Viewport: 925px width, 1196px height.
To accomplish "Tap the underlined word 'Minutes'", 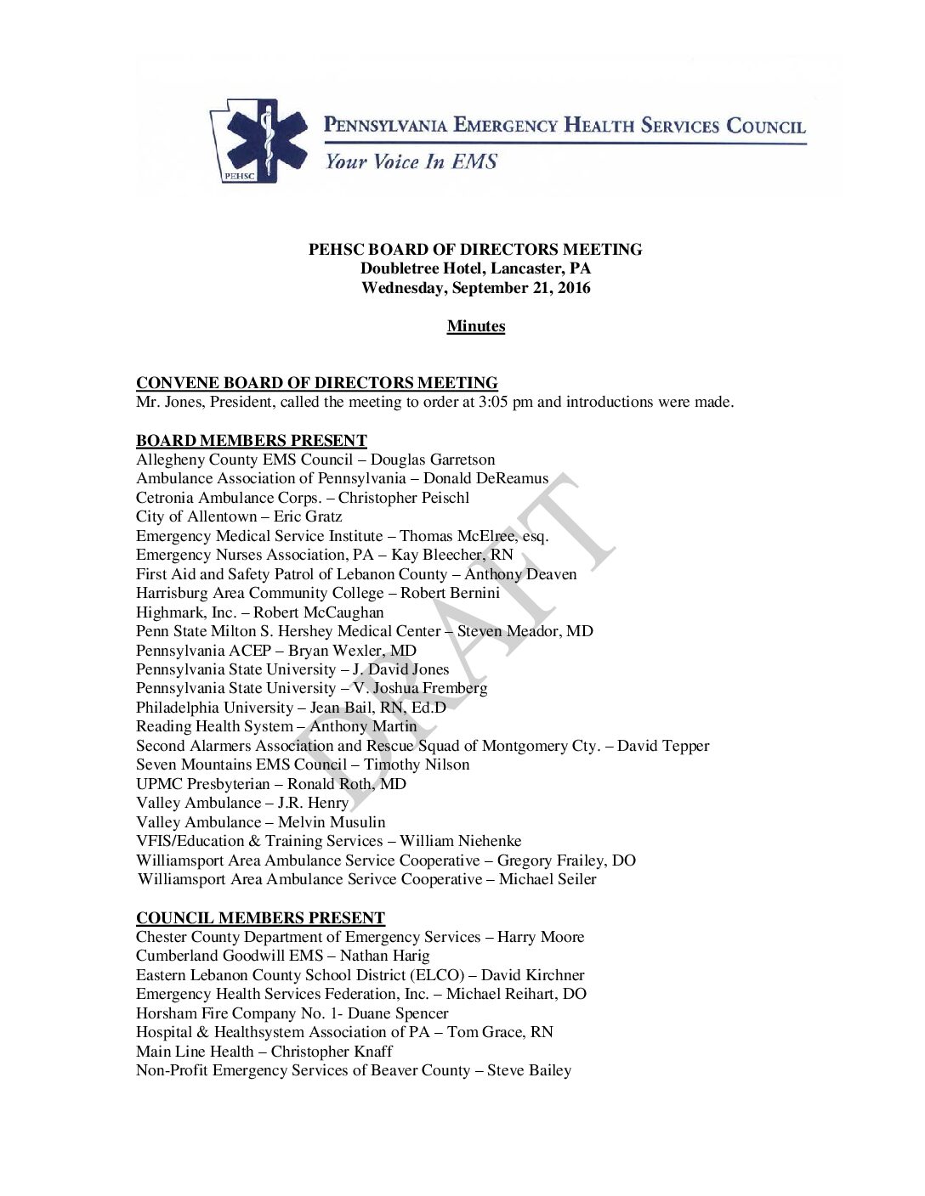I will point(476,326).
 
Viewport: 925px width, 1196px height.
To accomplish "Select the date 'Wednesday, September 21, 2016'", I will point(476,288).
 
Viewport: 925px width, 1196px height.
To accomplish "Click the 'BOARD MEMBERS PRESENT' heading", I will point(252,440).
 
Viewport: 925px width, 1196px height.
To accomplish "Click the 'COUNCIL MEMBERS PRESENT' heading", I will point(260,918).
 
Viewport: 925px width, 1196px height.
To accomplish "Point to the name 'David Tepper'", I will point(663,746).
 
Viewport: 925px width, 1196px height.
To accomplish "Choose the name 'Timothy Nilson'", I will point(417,764).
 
